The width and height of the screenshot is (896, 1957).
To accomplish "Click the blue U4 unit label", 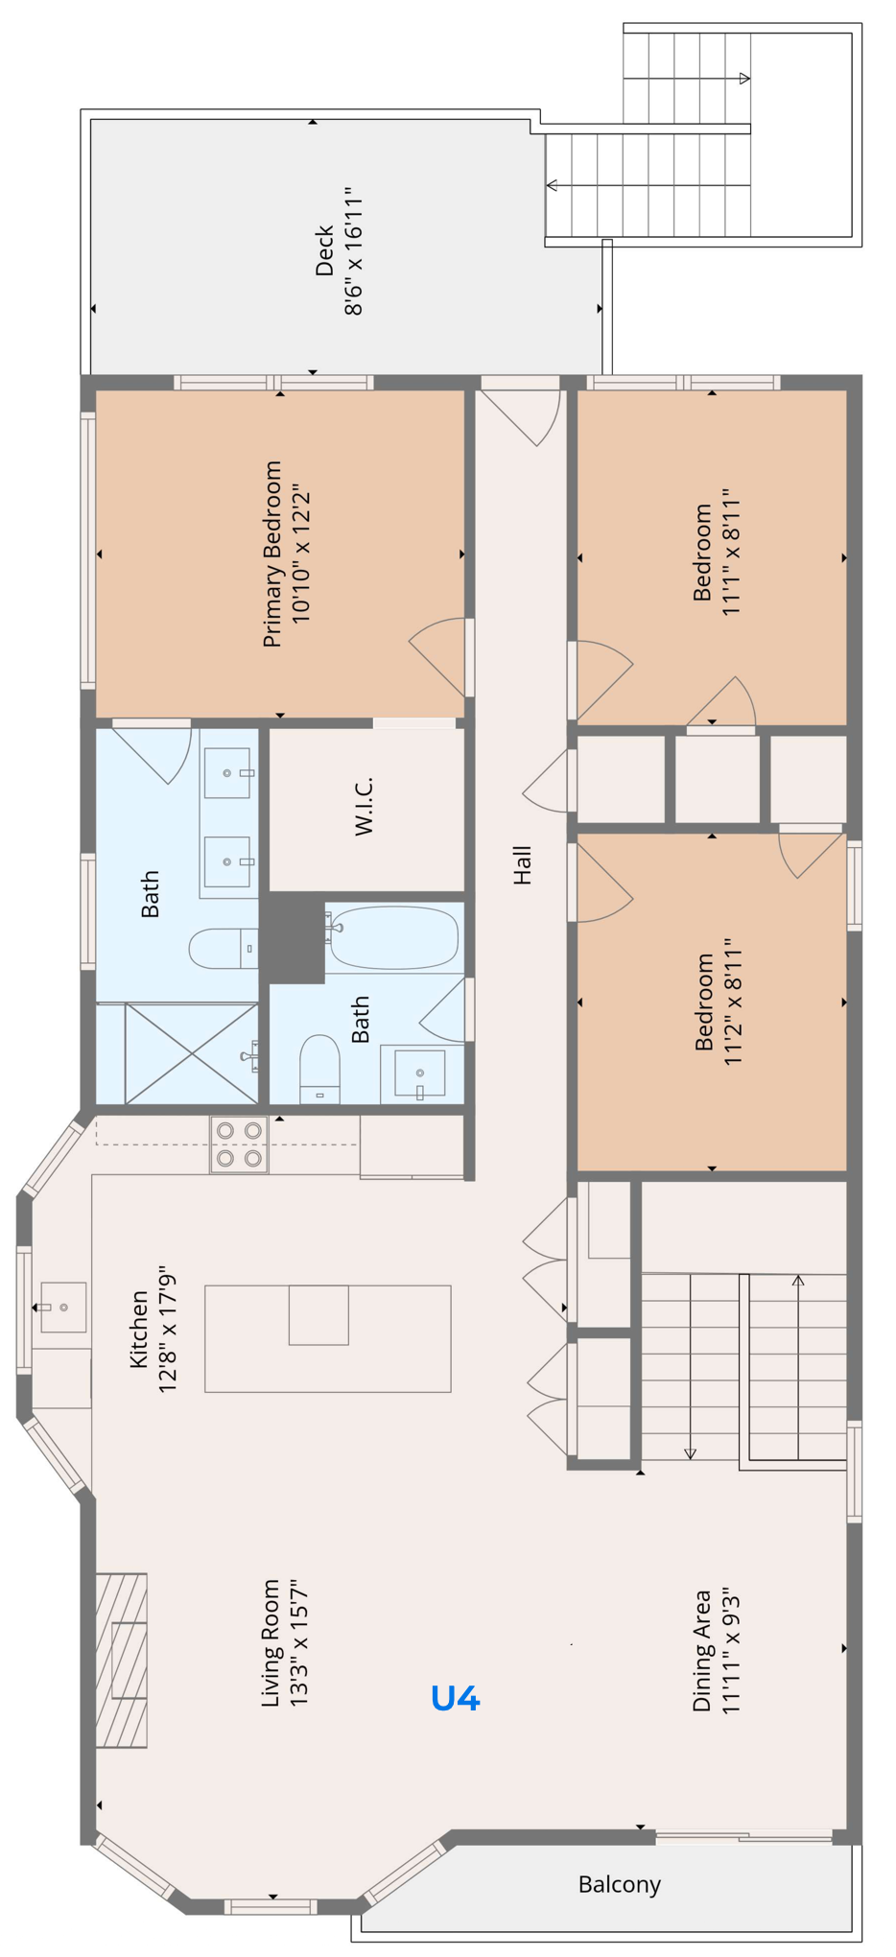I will click(455, 1698).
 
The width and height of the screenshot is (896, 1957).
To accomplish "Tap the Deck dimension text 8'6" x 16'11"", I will click(354, 251).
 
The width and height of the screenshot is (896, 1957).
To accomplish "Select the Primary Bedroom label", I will click(272, 554).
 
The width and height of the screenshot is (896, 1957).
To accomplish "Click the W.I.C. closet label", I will click(364, 807).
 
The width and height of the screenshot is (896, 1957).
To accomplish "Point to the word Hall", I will click(522, 864).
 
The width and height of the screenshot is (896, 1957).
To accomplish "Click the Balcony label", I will click(619, 1884).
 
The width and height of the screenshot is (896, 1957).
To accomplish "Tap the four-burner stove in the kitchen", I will click(239, 1144).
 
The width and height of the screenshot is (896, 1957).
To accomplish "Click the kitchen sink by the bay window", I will click(63, 1307).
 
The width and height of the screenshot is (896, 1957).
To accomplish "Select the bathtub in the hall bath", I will click(393, 937).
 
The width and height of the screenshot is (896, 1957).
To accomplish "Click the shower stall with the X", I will click(191, 1053).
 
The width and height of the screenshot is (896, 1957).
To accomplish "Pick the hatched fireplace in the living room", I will click(122, 1660).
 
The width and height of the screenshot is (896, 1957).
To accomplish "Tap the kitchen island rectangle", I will click(327, 1338).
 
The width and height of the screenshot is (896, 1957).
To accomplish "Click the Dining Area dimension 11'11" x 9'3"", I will click(731, 1650).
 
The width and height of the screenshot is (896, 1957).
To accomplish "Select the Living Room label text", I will click(271, 1642).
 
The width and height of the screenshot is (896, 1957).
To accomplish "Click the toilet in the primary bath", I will click(223, 948).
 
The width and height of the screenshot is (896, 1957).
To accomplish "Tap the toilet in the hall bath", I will click(319, 1068).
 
